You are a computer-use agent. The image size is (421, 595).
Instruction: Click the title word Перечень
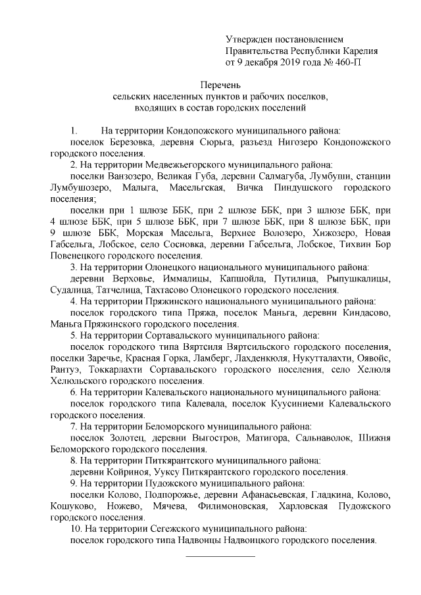[221, 85]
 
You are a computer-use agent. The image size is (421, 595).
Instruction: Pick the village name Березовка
[129, 141]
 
